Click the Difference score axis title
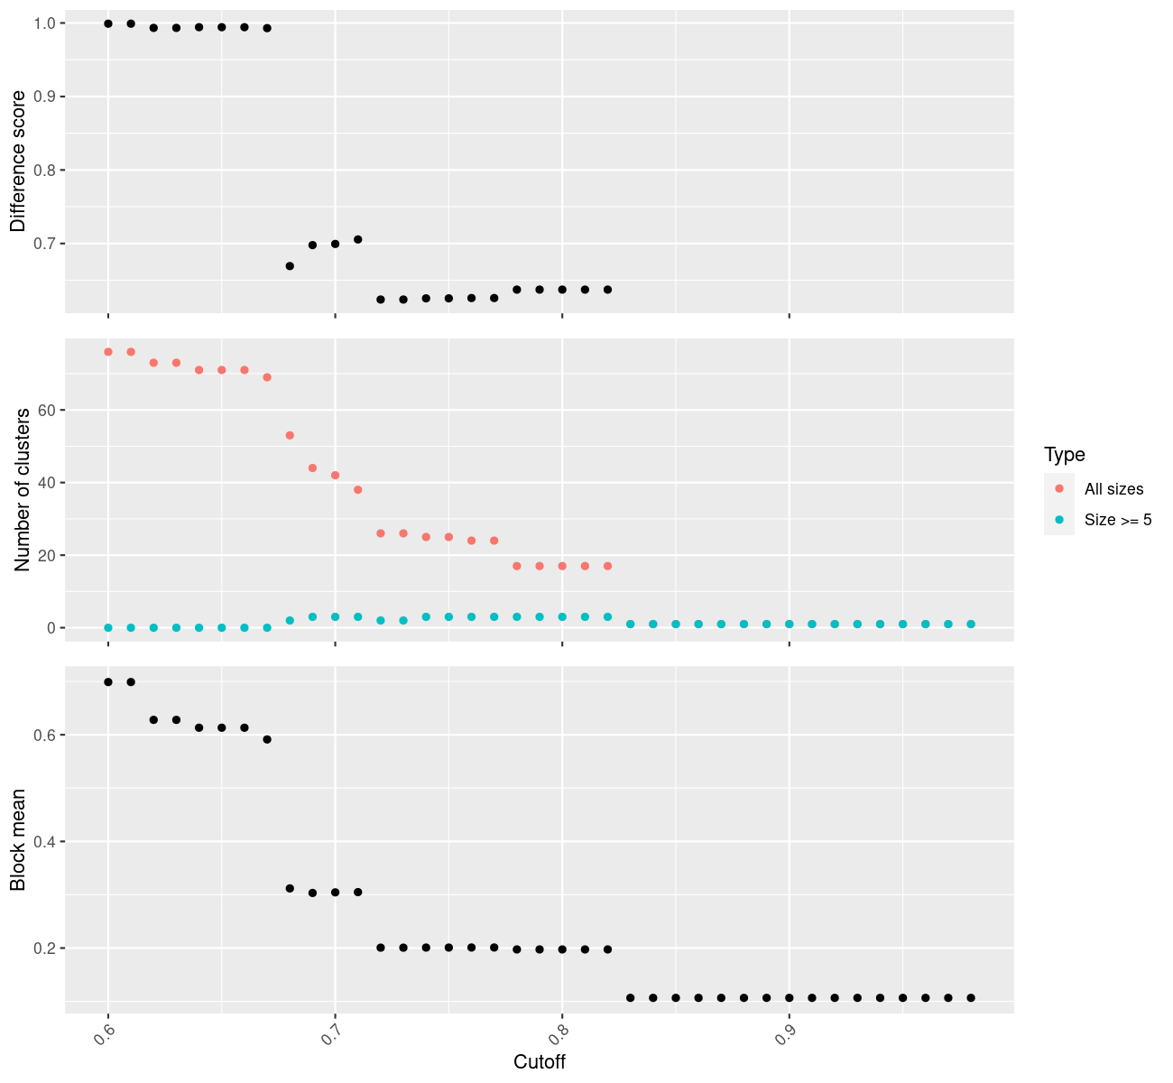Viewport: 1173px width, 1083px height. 18,162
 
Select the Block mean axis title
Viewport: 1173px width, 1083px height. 18,840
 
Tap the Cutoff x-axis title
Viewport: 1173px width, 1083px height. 539,1062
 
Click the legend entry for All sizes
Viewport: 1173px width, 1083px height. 1113,489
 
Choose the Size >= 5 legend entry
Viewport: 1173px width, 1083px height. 1118,520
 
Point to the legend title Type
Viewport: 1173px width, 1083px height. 1064,454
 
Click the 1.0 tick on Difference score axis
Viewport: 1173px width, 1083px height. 43,23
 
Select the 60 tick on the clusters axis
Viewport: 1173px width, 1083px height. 47,410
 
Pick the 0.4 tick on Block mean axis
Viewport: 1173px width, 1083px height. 43,842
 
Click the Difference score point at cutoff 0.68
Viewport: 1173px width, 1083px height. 290,266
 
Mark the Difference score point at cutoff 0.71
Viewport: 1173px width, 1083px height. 358,239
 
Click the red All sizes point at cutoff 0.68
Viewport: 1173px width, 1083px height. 290,436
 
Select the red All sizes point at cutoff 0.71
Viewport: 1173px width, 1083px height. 358,490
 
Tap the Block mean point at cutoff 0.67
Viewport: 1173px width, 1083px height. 267,740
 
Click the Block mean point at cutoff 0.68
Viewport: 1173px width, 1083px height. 290,889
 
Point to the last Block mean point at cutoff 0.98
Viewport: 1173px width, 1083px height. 971,998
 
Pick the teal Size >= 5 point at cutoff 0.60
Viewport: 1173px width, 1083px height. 108,628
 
